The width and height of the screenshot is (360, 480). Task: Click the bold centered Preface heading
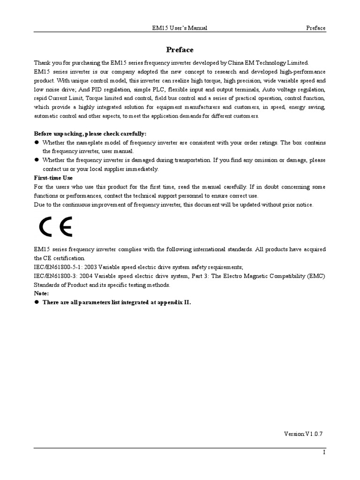(180, 50)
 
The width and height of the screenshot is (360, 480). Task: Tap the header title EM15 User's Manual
(177, 28)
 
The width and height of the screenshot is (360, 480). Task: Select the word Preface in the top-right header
(315, 28)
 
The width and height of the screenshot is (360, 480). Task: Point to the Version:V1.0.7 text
(303, 434)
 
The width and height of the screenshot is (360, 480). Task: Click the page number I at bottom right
(324, 452)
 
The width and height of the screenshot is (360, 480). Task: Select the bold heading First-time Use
(53, 178)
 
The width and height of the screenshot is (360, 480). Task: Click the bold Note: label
(41, 293)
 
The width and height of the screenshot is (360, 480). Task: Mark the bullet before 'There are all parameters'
(36, 303)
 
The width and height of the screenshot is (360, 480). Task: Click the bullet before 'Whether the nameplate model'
(36, 142)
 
